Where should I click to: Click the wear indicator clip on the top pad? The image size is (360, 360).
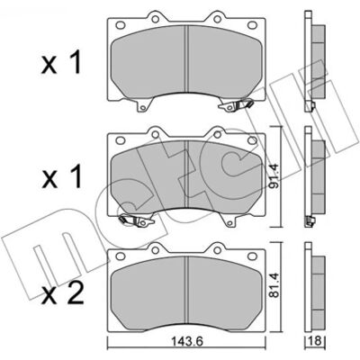click(237, 104)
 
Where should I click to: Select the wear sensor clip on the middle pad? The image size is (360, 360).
click(137, 220)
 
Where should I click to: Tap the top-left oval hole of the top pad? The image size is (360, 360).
click(121, 25)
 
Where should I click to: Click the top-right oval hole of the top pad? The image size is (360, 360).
click(252, 25)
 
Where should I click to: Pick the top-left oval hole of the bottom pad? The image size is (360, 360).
click(121, 256)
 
